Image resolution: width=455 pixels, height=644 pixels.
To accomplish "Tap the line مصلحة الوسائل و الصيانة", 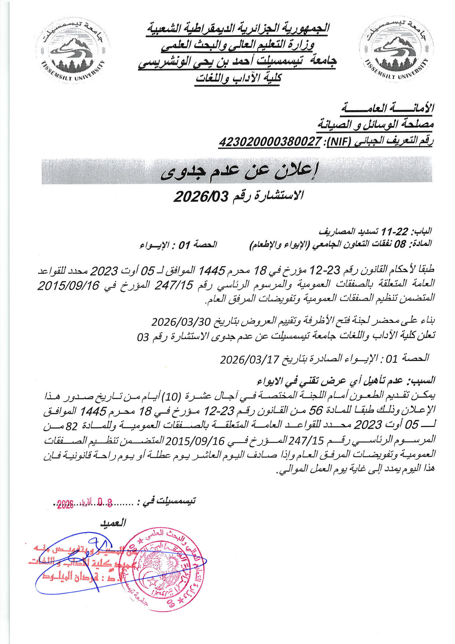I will (x=375, y=124).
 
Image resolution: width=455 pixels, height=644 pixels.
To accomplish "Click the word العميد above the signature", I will (x=113, y=523).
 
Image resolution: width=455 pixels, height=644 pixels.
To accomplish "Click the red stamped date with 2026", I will (x=84, y=503).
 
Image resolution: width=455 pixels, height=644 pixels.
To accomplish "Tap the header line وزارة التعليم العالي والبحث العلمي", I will (x=238, y=45).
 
